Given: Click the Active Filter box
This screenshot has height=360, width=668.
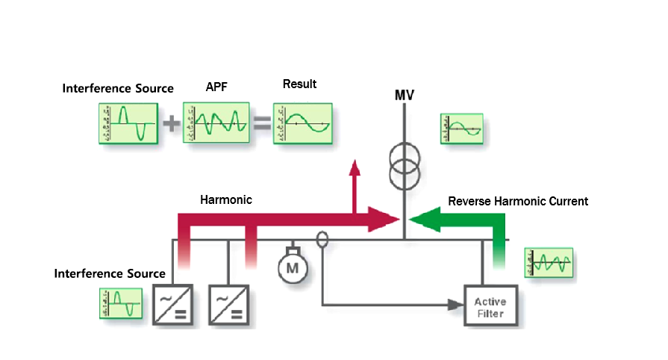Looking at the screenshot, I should [x=490, y=306].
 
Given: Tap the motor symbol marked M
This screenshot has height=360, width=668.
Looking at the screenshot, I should [x=293, y=266].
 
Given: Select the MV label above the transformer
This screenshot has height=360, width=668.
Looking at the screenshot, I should [x=405, y=96].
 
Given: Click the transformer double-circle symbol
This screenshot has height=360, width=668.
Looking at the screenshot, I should [x=405, y=166].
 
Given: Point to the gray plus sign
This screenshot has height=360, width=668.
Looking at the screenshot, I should [x=172, y=123].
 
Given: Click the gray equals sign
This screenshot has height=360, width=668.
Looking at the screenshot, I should [x=261, y=123].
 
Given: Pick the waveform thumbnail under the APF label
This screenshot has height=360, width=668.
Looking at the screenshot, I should [x=216, y=123].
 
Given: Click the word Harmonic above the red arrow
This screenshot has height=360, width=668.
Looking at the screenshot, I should [x=226, y=200].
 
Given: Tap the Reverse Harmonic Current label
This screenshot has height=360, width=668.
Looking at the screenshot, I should [x=518, y=202].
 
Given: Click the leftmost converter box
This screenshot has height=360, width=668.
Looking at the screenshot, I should [x=174, y=304].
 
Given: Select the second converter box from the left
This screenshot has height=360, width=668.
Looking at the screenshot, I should [x=229, y=304].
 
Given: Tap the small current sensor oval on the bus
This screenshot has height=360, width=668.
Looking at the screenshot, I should [x=322, y=240].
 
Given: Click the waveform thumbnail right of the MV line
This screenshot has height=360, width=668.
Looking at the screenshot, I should [x=461, y=129].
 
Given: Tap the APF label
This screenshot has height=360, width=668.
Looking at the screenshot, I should [x=216, y=88].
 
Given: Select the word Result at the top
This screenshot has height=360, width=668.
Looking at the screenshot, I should [x=299, y=84].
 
